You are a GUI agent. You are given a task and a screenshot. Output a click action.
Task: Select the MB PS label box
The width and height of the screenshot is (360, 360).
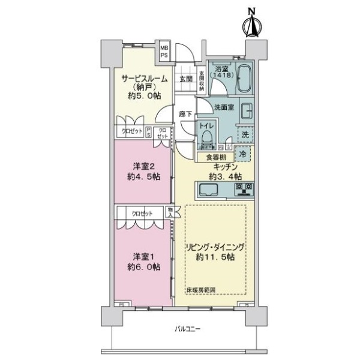[x=164, y=52]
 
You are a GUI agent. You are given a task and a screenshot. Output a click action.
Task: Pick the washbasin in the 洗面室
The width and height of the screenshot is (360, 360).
[x=246, y=111]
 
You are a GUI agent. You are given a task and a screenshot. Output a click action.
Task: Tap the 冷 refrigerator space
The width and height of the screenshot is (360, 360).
[x=242, y=154]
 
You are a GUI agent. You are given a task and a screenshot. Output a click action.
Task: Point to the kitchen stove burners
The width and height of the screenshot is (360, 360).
[x=245, y=190]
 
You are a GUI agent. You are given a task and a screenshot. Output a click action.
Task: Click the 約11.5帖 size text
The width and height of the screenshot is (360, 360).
[x=215, y=257]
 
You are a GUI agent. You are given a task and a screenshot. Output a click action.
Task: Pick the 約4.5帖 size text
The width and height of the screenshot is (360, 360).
[x=143, y=176]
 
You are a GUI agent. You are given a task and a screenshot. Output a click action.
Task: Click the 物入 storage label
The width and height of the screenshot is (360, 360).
[x=170, y=212]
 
